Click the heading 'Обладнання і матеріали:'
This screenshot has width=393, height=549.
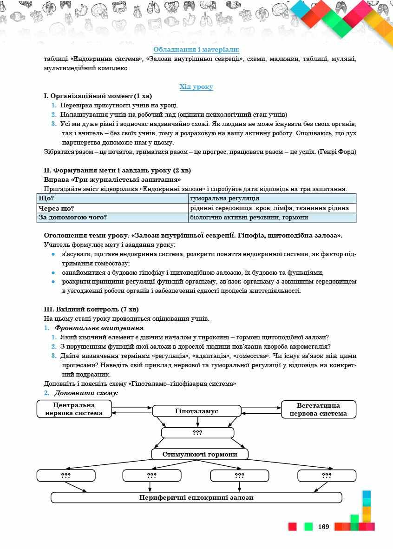click(x=196, y=50)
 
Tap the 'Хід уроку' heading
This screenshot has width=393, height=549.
click(x=196, y=87)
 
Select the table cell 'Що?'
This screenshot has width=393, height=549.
click(x=112, y=198)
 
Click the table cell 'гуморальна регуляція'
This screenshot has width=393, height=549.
click(x=272, y=198)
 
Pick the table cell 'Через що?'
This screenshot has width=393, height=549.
click(x=112, y=208)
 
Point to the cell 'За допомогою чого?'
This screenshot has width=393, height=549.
click(x=112, y=218)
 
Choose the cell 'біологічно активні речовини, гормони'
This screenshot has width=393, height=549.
click(x=272, y=218)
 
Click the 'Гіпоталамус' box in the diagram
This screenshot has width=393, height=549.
click(x=196, y=411)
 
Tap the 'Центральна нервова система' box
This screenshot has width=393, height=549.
click(x=74, y=409)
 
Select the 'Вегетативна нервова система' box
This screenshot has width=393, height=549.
click(x=318, y=409)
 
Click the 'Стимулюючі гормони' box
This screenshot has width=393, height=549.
click(x=200, y=454)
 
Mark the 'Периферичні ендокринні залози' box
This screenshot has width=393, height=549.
click(x=196, y=497)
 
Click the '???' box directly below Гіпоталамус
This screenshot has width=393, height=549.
click(x=197, y=433)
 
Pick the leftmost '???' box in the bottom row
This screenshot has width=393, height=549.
click(x=65, y=476)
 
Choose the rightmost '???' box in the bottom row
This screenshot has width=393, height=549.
click(x=327, y=476)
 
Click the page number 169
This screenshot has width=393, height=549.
click(x=324, y=527)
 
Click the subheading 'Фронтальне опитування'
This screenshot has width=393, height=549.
click(x=99, y=328)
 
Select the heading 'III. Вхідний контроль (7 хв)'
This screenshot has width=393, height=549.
click(x=91, y=309)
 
